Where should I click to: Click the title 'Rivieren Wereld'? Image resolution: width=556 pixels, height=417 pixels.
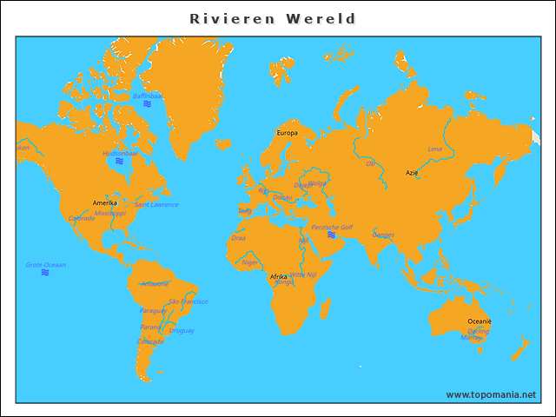pos(274,18)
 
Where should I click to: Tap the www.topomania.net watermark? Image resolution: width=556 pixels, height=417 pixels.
pos(491,394)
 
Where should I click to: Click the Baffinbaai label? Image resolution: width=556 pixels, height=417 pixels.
pos(148,96)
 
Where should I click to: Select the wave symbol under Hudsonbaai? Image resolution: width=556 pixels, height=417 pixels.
pos(120,162)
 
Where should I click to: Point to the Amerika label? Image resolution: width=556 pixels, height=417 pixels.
pos(105,202)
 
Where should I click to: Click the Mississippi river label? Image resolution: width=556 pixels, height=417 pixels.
pos(110,213)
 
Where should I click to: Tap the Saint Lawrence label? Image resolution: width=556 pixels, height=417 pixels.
pos(156,205)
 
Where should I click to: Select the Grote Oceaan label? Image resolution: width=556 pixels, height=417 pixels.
pos(45,264)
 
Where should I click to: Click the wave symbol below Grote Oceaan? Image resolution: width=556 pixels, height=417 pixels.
pos(45,273)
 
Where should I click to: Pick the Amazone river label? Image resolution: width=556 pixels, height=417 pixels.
pos(155,283)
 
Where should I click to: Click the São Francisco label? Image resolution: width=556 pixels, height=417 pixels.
pos(188,301)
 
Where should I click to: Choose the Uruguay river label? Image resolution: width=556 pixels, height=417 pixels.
pos(182,330)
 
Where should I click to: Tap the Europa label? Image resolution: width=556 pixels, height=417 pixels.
pos(287,133)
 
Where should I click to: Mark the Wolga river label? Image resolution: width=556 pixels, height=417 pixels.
pos(317,183)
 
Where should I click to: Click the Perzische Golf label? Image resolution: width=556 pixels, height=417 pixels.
pos(332,227)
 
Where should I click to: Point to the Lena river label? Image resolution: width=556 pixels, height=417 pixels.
pos(435,149)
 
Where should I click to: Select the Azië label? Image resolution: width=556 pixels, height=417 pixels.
pos(412,173)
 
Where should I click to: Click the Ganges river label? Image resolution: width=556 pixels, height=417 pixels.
pos(383,235)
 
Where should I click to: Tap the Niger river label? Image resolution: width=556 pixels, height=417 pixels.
pos(249,261)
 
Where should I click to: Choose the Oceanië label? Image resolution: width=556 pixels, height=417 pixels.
pos(480,321)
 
